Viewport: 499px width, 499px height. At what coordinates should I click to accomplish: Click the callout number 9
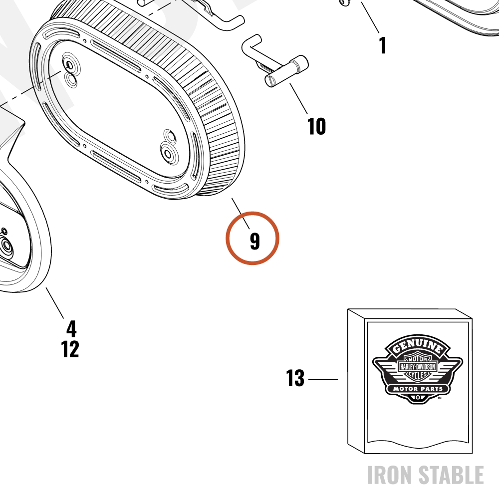click(254, 241)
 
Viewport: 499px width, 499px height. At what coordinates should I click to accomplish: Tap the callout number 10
click(317, 126)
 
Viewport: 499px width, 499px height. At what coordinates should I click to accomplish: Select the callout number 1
click(383, 45)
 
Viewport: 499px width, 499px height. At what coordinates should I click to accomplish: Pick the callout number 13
click(295, 378)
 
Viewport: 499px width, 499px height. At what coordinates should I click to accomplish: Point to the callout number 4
click(71, 328)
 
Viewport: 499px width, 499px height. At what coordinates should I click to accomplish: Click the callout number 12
click(70, 349)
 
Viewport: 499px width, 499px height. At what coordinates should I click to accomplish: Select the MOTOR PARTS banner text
click(418, 389)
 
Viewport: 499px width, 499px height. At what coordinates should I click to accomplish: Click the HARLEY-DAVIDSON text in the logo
click(418, 367)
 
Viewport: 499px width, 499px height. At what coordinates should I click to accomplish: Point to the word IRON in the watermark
click(390, 475)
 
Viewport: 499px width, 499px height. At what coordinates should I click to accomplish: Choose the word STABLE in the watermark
click(451, 475)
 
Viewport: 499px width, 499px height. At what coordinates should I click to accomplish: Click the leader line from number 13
click(323, 380)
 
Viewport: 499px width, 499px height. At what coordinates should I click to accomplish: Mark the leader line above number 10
click(299, 99)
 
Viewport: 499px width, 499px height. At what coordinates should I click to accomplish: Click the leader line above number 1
click(370, 17)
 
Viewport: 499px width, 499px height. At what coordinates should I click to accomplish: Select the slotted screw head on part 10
click(270, 81)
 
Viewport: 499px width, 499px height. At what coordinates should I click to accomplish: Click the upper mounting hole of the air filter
click(69, 66)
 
